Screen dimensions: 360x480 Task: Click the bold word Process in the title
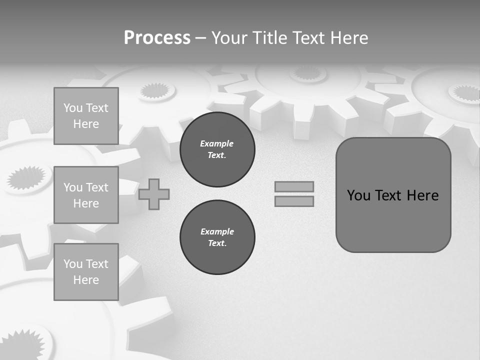[x=157, y=38]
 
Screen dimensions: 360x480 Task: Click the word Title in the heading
[x=268, y=38]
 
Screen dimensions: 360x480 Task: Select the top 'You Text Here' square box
[x=86, y=116]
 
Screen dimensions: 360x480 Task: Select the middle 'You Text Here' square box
[x=86, y=195]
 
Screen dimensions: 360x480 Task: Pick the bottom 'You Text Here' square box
[x=86, y=272]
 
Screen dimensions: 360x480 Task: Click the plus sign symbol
[x=154, y=194]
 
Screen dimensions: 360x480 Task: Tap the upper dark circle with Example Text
[x=217, y=149]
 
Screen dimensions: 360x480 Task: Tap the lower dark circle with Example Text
[x=217, y=237]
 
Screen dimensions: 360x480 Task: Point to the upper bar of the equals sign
[x=294, y=186]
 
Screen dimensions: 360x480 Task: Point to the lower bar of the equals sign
[x=294, y=201]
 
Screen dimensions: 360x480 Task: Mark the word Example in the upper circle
[x=217, y=143]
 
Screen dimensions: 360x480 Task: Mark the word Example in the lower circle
[x=217, y=231]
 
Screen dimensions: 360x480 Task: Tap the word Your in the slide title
[x=229, y=38]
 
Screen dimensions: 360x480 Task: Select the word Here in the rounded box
[x=422, y=195]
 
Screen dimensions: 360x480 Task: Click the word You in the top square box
[x=72, y=108]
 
